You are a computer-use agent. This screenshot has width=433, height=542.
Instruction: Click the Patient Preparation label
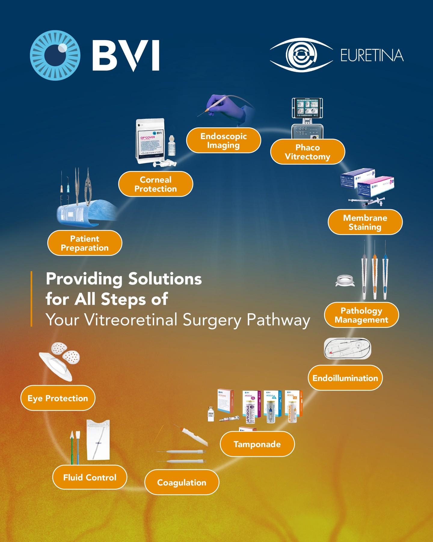(85, 243)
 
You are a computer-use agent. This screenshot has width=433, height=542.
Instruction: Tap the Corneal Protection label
(155, 184)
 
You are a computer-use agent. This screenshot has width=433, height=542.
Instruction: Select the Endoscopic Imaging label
(223, 140)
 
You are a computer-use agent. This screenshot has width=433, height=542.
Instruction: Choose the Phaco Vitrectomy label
(307, 152)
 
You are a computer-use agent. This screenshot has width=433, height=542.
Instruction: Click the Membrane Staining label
(365, 222)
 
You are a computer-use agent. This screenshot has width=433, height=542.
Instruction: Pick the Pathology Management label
(361, 315)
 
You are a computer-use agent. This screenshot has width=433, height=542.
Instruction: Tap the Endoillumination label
(345, 378)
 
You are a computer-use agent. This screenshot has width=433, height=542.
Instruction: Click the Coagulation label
(182, 482)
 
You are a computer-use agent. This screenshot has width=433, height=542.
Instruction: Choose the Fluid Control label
(90, 477)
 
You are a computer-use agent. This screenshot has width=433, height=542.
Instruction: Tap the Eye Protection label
(58, 398)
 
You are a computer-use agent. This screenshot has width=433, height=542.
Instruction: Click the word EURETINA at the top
(372, 55)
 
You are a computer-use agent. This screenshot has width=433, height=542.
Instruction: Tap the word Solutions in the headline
(165, 279)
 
